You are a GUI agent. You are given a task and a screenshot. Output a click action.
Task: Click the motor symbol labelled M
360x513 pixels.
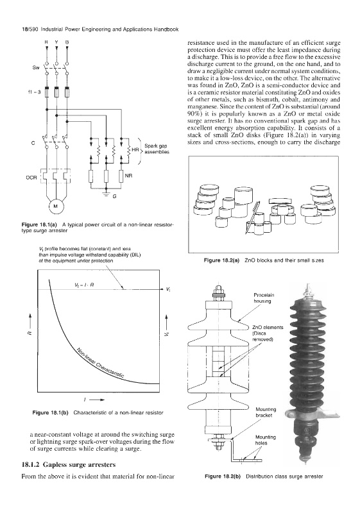click(55, 206)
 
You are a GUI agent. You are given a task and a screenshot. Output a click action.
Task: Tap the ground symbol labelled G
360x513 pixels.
click(106, 193)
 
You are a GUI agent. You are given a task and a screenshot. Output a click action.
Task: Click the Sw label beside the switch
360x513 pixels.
click(36, 68)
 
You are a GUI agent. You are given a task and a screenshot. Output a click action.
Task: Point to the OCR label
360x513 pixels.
click(31, 178)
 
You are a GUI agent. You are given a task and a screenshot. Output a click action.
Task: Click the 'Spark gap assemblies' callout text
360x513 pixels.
click(157, 149)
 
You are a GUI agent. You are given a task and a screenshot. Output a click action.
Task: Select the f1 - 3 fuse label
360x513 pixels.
click(35, 92)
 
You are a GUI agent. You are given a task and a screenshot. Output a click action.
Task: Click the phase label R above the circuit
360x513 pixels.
click(46, 42)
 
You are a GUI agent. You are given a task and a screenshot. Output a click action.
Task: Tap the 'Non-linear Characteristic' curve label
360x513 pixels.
click(101, 364)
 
